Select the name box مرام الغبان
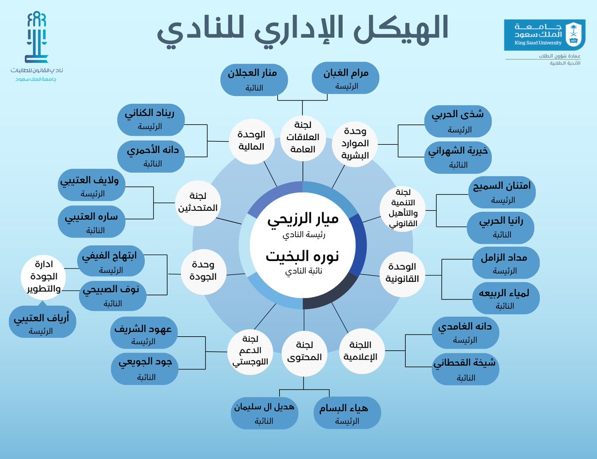[346, 79]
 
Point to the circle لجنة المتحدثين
[198, 203]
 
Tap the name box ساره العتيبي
[92, 222]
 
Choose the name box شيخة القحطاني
[465, 368]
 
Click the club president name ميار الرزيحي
[303, 220]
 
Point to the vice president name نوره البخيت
[303, 256]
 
